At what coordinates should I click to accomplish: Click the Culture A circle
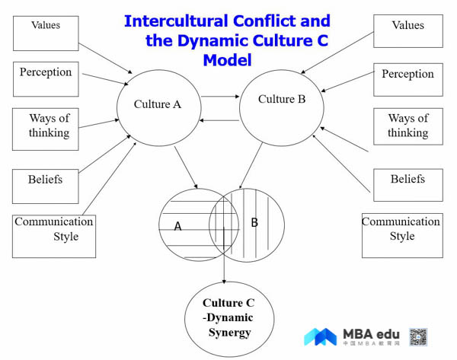[x=157, y=104]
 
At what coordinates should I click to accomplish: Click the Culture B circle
[x=282, y=100]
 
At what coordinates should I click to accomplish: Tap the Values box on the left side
[x=46, y=33]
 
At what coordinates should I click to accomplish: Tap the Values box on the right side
[x=407, y=31]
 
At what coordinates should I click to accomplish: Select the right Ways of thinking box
[x=407, y=126]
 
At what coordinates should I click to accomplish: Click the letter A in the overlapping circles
[x=177, y=226]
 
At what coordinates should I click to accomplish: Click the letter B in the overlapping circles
[x=254, y=222]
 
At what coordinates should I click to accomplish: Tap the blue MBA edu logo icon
[x=320, y=336]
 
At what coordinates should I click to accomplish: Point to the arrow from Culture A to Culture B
[x=221, y=97]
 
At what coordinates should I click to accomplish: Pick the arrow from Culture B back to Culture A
[x=220, y=120]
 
